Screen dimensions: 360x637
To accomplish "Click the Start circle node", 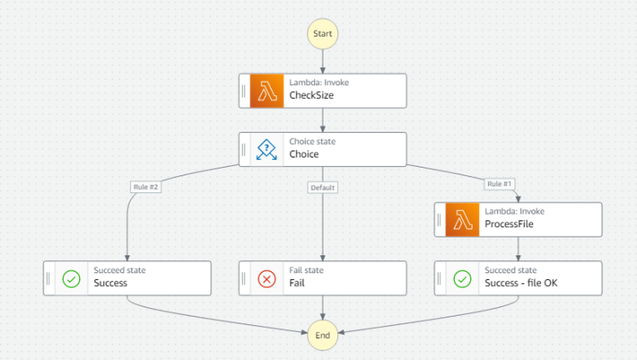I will (323, 33).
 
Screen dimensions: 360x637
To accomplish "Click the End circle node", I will (323, 335).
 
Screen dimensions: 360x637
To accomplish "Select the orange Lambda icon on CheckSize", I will (267, 90).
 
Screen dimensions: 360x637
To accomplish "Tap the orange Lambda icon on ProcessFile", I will (462, 220).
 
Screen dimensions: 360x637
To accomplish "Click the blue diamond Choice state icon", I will (267, 149).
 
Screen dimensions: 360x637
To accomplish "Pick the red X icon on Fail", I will (267, 278).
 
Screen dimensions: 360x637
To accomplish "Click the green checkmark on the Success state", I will (72, 278).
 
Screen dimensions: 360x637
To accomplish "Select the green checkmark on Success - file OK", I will (462, 278).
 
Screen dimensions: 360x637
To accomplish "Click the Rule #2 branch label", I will (145, 186).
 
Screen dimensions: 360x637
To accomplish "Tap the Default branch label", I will (323, 186).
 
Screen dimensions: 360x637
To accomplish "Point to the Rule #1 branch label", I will (500, 183).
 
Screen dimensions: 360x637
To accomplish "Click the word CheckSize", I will (312, 96).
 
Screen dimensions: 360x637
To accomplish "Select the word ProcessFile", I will (510, 226).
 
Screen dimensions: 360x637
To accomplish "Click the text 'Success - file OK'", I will (520, 284).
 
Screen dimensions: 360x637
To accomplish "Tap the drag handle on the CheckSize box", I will (244, 90).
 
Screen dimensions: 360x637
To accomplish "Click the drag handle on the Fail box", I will (244, 278).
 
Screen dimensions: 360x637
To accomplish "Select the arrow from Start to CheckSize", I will (323, 61).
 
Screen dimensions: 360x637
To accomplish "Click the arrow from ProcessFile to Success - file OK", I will (519, 249).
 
